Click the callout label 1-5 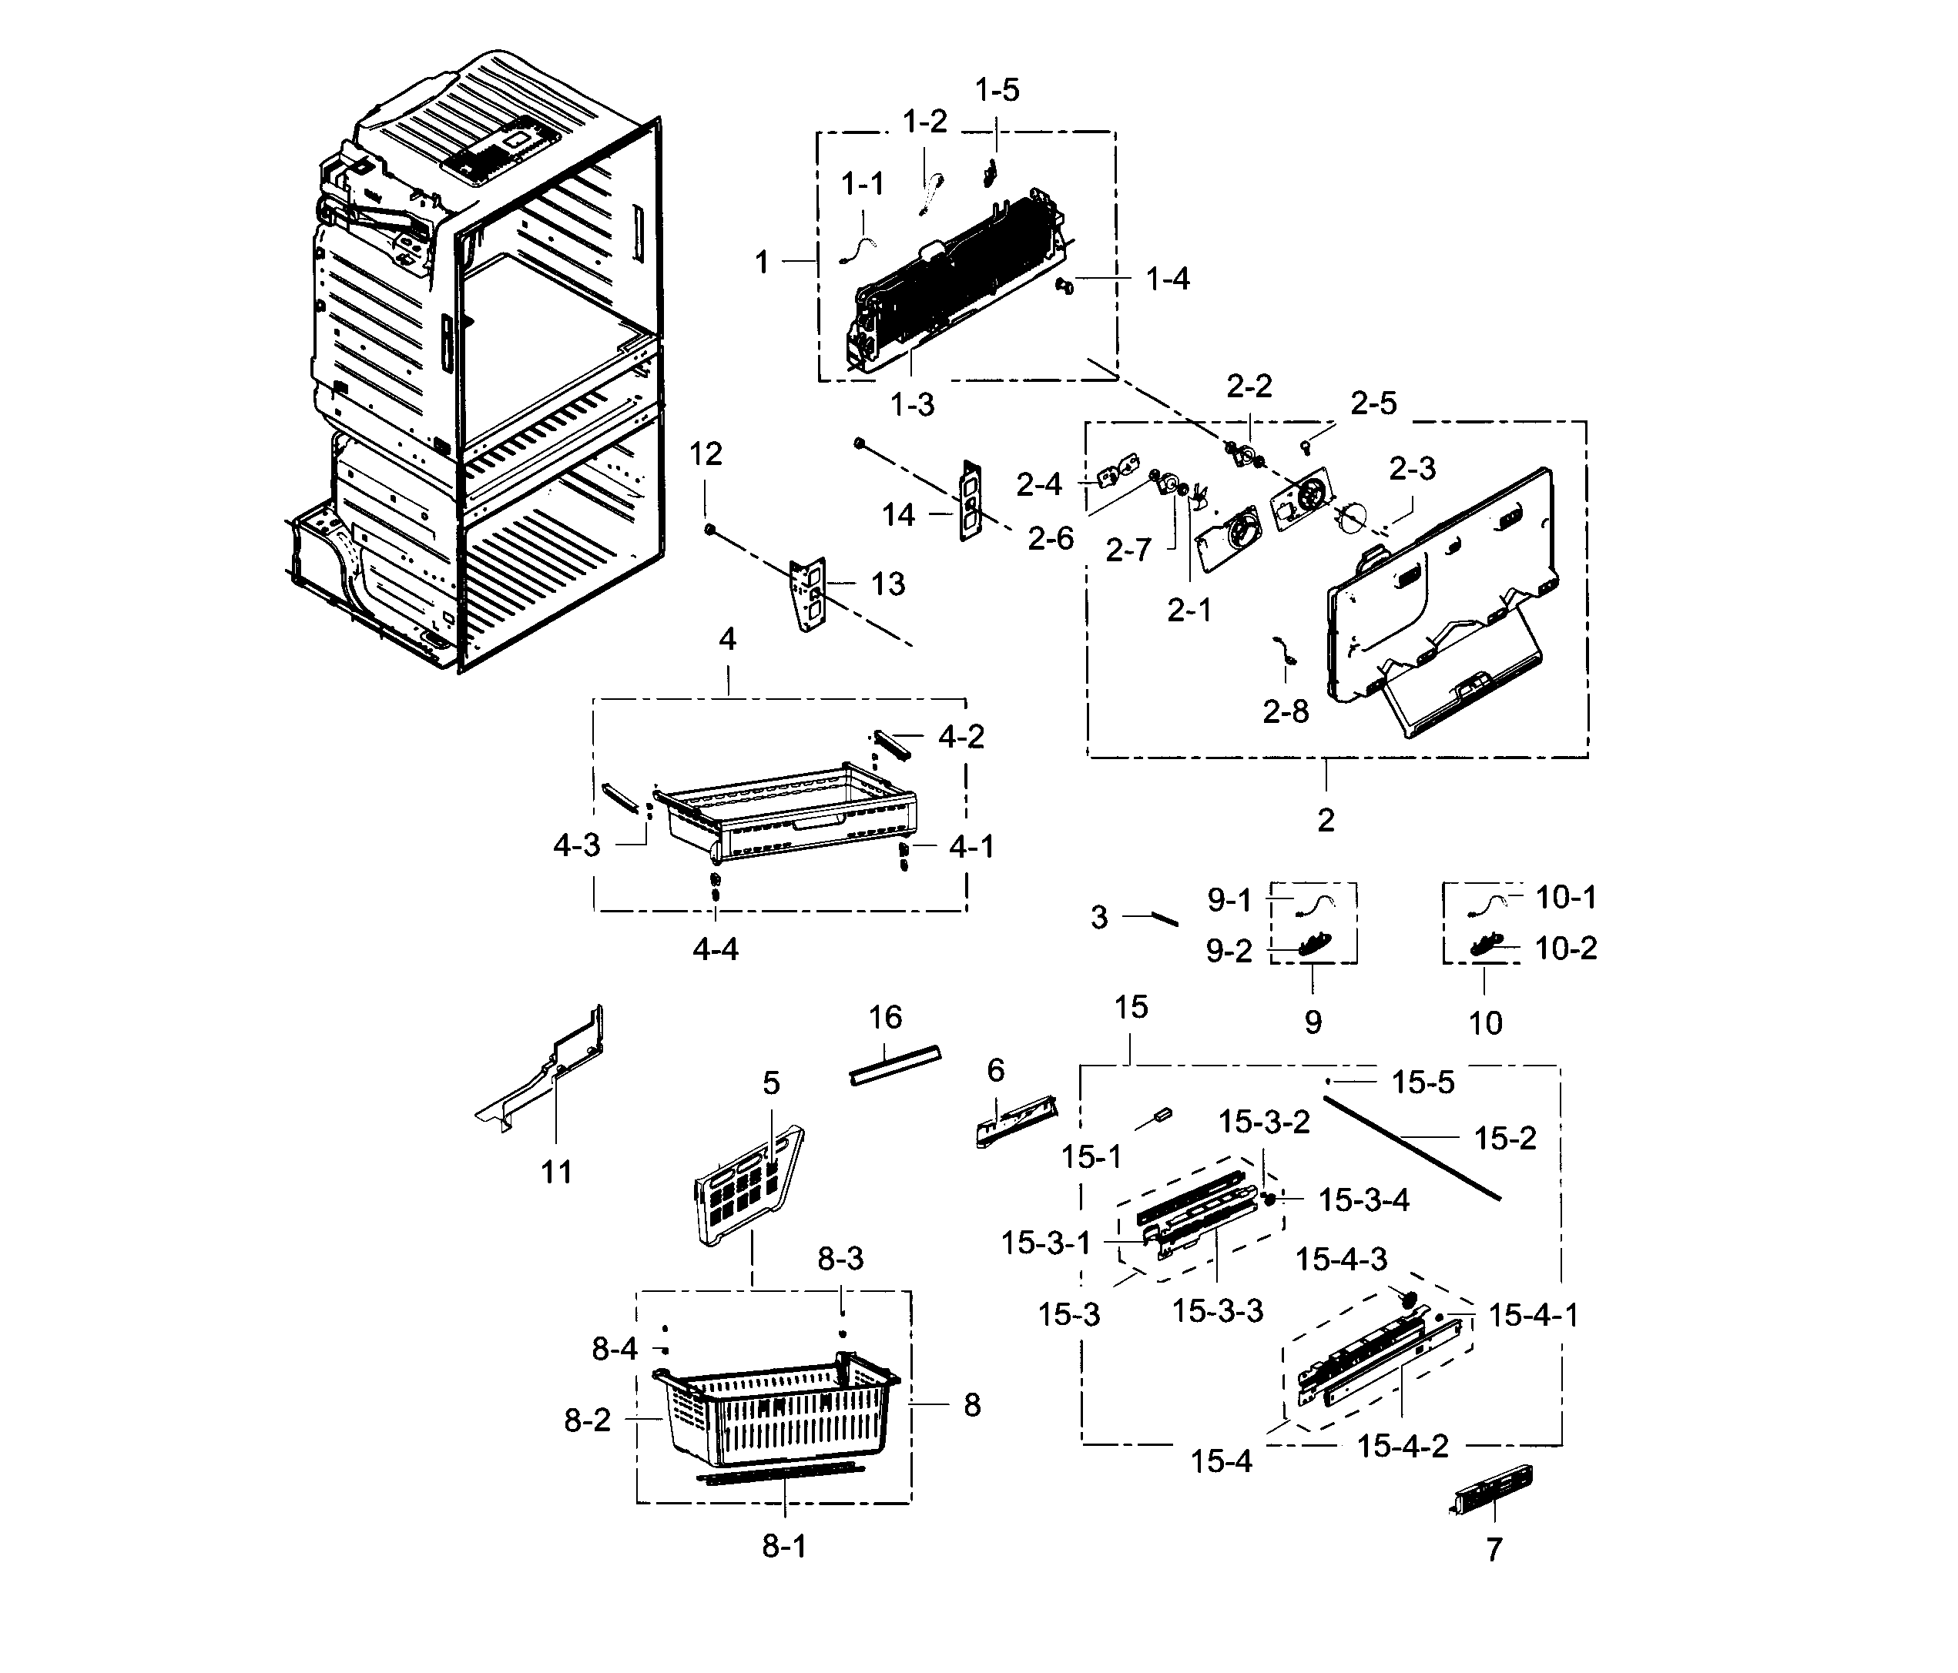pos(997,91)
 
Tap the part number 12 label pos(705,454)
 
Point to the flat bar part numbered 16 pos(895,1065)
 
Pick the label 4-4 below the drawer pos(716,949)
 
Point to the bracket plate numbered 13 pos(809,594)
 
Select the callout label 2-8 pos(1285,711)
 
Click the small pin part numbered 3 pos(1162,918)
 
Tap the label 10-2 pos(1566,948)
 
